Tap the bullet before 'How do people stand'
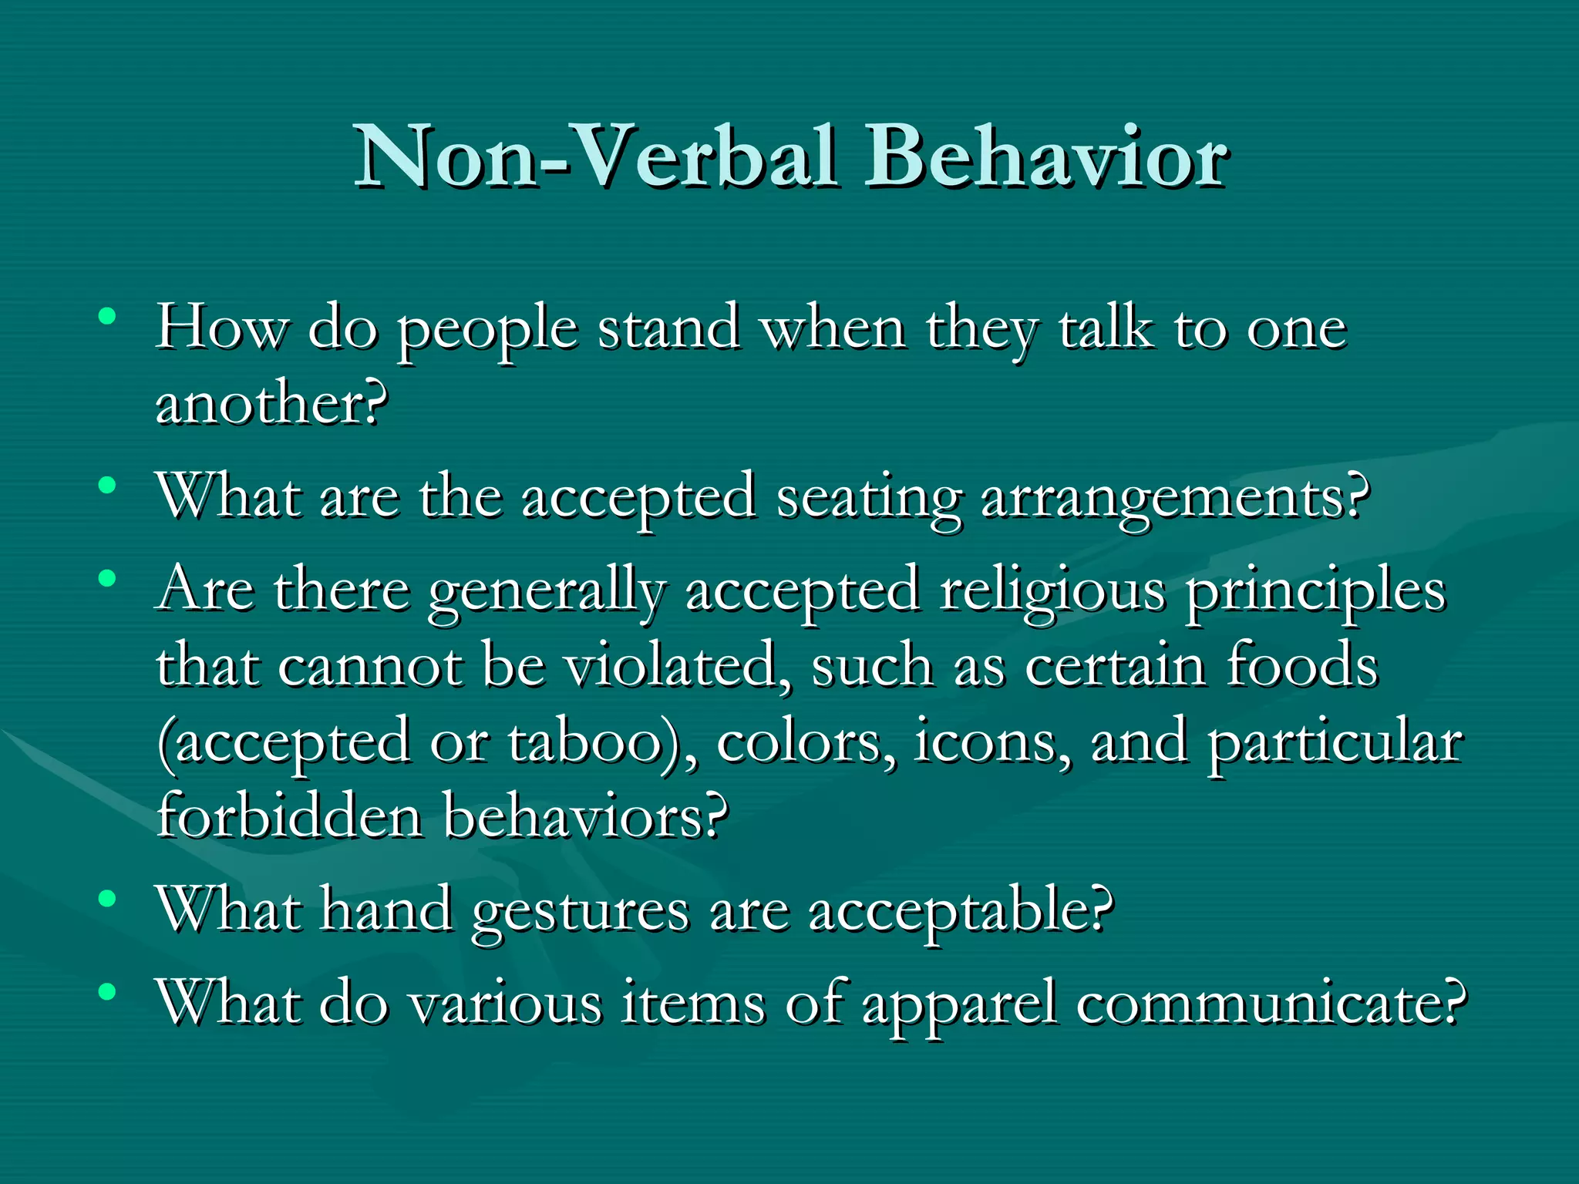click(107, 317)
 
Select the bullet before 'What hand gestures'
click(107, 898)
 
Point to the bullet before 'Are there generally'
click(107, 577)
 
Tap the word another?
click(271, 402)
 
